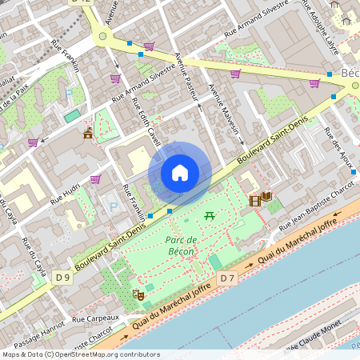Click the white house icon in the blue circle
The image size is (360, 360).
click(x=180, y=172)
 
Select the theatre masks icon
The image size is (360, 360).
click(x=138, y=294)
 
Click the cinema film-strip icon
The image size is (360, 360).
click(x=254, y=198)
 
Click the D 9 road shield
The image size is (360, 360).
click(x=63, y=278)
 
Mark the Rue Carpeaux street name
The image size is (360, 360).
click(x=95, y=318)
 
